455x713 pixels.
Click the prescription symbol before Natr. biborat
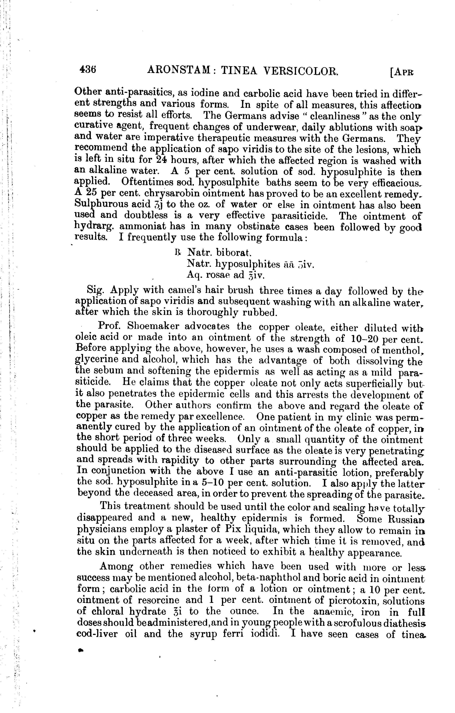[x=178, y=252]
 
